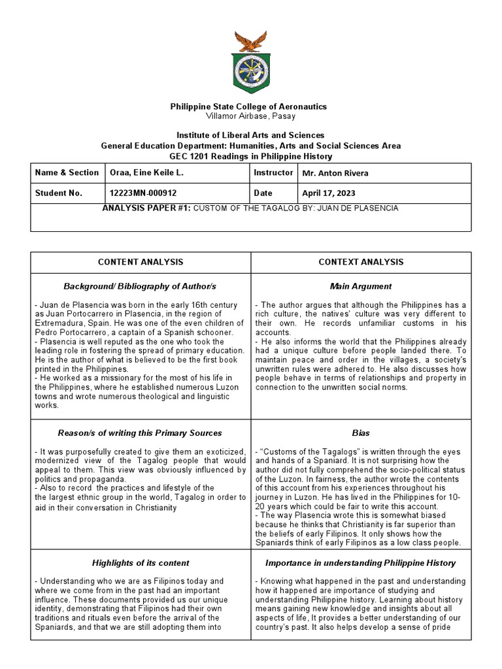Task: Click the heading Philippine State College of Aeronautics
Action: click(248, 106)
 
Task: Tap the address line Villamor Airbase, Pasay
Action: click(250, 116)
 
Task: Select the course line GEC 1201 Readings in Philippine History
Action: click(250, 157)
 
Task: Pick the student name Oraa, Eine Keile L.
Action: click(146, 173)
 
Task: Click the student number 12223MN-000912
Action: click(144, 193)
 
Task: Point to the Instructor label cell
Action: click(273, 172)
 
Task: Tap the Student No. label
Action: click(59, 193)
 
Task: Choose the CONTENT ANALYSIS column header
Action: click(141, 262)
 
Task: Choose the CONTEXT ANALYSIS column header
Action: click(361, 262)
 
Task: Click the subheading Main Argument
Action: click(361, 286)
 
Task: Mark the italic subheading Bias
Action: click(361, 432)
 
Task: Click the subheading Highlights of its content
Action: click(141, 563)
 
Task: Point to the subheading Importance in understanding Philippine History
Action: click(361, 563)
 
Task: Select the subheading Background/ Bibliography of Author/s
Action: click(140, 286)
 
